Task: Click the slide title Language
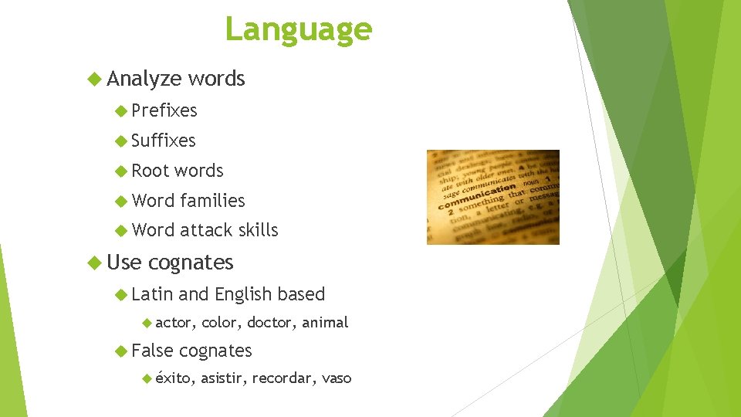(298, 29)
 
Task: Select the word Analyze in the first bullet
(144, 79)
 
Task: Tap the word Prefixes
(164, 111)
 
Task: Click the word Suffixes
(164, 141)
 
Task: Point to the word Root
(151, 171)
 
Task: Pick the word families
(212, 201)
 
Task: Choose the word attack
(206, 230)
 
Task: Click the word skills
(258, 230)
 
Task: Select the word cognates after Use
(191, 263)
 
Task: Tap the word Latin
(152, 294)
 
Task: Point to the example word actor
(174, 323)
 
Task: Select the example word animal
(325, 323)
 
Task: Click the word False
(153, 351)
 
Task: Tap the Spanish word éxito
(174, 378)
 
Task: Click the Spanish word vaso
(337, 378)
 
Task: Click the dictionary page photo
(492, 197)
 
